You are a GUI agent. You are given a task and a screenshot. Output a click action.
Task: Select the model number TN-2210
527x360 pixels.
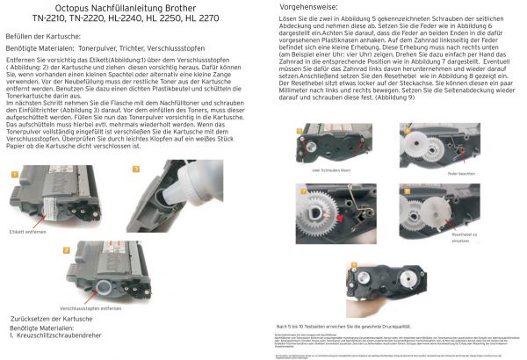[x=54, y=18]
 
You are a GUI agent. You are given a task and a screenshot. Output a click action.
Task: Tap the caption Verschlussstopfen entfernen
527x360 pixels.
[x=93, y=308]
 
